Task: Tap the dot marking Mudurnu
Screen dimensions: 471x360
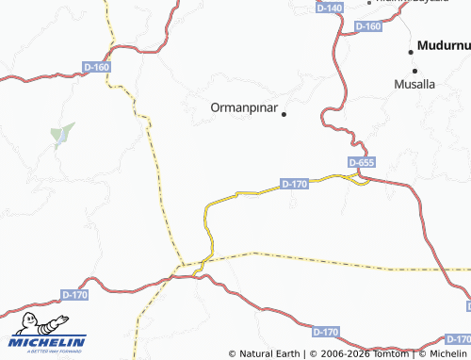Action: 412,49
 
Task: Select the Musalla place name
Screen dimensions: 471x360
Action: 414,84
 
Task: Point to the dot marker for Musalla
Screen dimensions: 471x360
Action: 413,71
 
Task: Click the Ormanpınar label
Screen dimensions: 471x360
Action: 243,108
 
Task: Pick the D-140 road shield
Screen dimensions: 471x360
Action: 330,8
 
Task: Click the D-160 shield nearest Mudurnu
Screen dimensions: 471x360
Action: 369,26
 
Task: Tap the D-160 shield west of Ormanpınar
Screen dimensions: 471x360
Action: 98,67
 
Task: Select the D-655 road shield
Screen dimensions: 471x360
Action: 361,163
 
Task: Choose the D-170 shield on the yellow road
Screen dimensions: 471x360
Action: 295,184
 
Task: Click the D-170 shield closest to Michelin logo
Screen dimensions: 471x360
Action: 73,295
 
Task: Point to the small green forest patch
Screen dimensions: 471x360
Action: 63,134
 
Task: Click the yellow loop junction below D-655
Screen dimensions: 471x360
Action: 357,178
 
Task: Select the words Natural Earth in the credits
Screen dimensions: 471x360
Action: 270,354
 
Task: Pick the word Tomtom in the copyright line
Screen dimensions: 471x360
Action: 388,354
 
